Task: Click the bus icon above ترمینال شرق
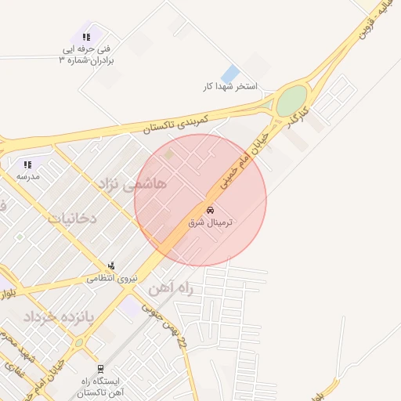210,210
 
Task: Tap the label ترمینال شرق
211,222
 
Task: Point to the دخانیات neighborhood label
72,218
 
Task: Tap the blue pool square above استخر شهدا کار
230,74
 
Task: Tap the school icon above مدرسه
27,164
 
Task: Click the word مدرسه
28,176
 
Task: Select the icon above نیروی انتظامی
112,266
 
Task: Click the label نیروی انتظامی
111,277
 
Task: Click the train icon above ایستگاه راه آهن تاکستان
100,368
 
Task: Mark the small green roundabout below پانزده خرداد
78,343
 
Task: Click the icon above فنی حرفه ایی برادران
86,37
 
